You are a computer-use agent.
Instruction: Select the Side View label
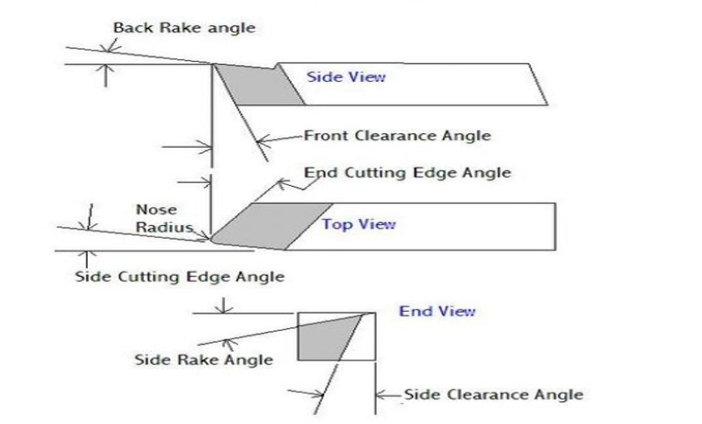click(345, 77)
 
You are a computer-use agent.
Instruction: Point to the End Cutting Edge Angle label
click(407, 172)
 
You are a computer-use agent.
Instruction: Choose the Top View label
click(359, 224)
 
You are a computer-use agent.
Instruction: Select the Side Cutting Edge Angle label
click(180, 276)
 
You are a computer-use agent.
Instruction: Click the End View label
click(437, 311)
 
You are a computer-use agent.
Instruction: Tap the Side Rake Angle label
click(203, 358)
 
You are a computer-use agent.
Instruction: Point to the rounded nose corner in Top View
click(213, 238)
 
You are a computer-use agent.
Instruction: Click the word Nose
click(151, 210)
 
